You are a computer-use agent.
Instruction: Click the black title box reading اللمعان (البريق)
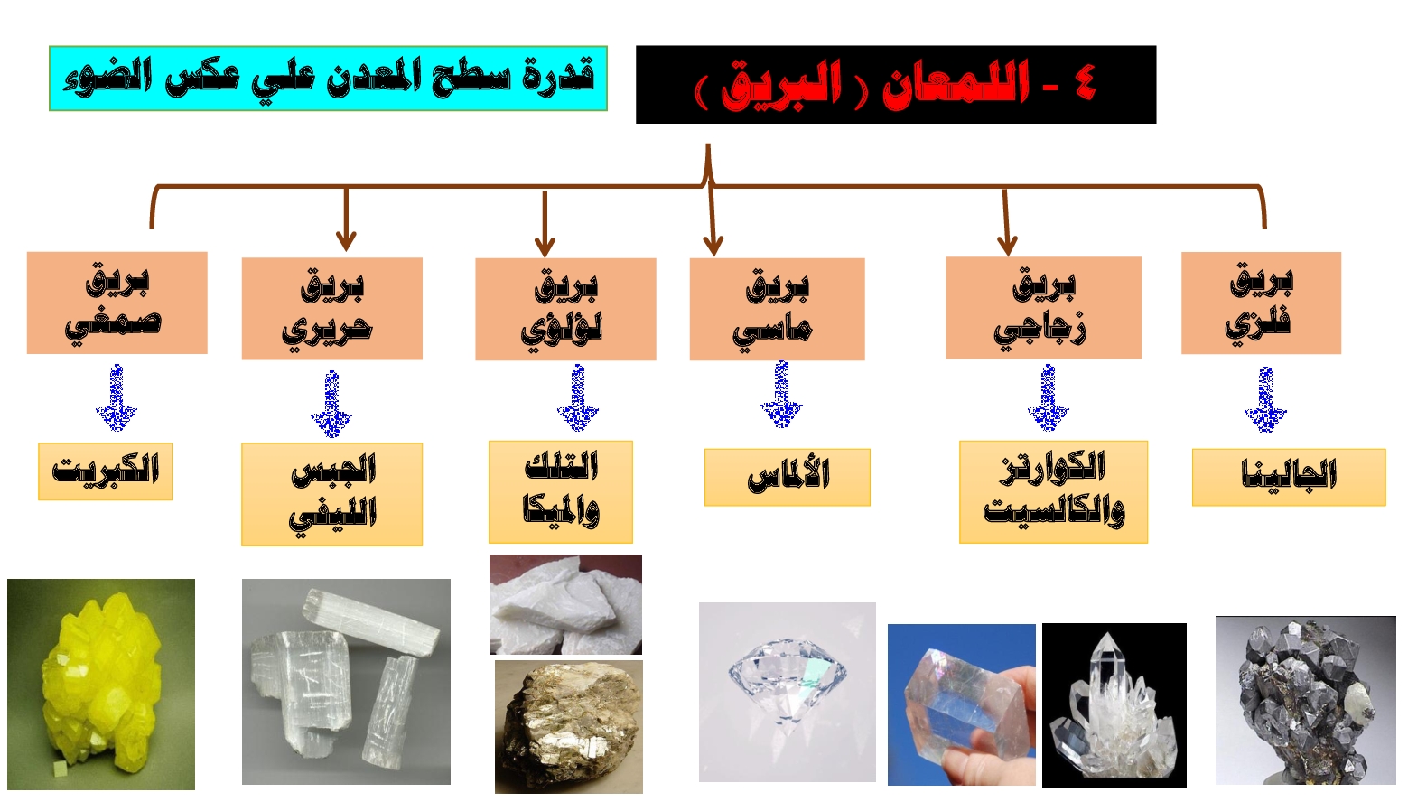[895, 85]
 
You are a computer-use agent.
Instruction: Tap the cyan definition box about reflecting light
[328, 79]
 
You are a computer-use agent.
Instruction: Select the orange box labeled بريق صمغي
[117, 303]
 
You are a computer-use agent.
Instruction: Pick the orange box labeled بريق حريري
[331, 309]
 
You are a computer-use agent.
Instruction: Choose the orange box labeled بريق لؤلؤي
[565, 309]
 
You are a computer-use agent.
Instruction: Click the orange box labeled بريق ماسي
[777, 309]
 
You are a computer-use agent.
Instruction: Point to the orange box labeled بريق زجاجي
[1043, 308]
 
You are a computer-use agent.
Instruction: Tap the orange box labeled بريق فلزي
[1261, 303]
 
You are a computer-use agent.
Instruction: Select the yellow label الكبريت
[105, 471]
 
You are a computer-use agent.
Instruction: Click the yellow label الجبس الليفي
[331, 494]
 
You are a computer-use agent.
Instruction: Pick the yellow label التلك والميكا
[560, 491]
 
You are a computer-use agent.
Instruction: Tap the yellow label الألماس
[787, 477]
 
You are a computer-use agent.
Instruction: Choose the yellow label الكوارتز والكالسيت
[1053, 491]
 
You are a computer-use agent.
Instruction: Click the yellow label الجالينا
[1288, 477]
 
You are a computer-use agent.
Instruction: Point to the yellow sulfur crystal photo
[101, 685]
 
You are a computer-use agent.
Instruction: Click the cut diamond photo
[787, 692]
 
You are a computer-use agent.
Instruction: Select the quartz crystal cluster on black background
[1114, 704]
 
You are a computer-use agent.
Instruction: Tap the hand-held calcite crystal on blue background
[961, 704]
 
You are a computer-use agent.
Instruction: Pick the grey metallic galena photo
[1305, 700]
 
